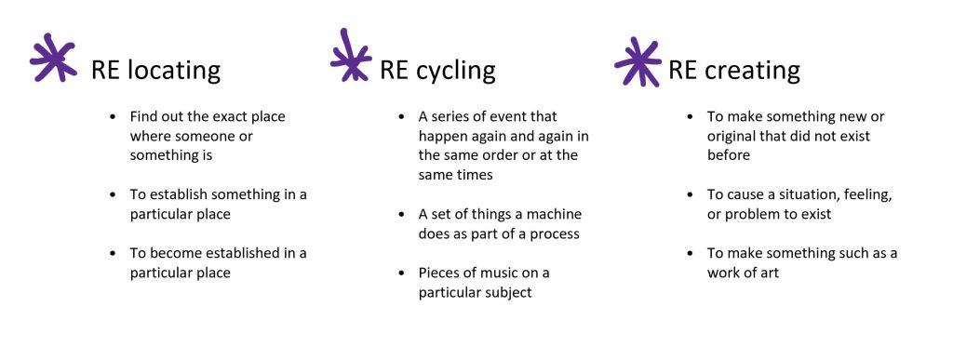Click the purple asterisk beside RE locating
click(53, 59)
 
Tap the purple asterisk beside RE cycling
click(351, 55)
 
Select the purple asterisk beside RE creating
click(638, 62)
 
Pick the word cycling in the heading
click(456, 71)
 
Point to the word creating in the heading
click(752, 71)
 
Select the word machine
click(556, 214)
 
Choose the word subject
click(507, 293)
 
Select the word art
click(770, 273)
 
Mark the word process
click(555, 234)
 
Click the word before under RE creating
click(728, 155)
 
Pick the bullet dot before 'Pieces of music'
click(401, 273)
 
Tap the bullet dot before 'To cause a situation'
click(690, 195)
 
